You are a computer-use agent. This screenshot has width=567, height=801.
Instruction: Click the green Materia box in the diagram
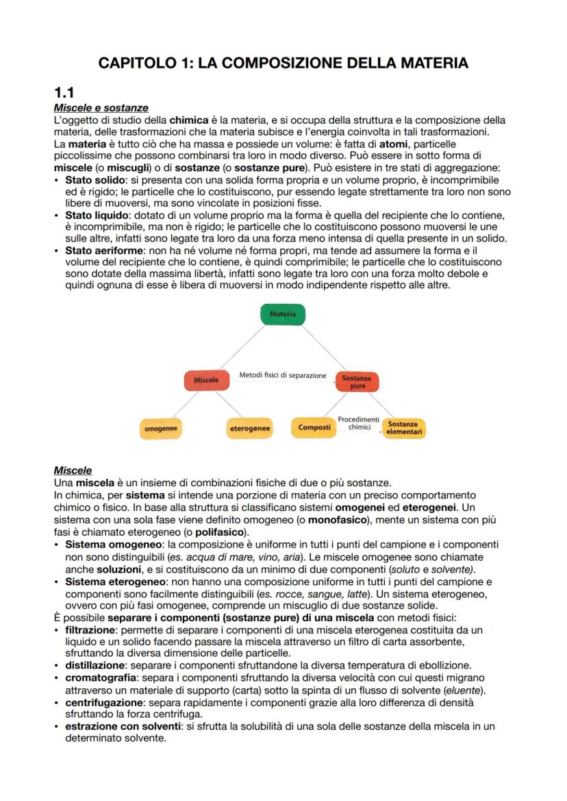(283, 315)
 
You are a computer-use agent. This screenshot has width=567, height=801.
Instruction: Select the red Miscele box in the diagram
(206, 380)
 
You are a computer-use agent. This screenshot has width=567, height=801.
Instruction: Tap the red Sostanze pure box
(357, 382)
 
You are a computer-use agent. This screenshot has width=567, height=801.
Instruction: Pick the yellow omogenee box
(161, 428)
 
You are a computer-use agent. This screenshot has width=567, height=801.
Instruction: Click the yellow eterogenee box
(249, 429)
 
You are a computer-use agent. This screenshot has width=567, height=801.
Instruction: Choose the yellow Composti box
(314, 428)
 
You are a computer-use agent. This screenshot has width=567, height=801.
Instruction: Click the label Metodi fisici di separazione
(282, 376)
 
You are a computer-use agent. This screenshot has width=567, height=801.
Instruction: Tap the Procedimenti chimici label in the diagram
(358, 423)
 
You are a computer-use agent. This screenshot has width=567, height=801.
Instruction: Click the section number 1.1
(64, 93)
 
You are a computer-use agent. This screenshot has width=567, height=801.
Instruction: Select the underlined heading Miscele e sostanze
(101, 108)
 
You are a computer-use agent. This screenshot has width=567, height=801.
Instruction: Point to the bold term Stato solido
(91, 179)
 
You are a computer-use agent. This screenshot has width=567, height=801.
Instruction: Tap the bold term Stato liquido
(93, 215)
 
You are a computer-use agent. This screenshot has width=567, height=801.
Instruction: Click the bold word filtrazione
(92, 629)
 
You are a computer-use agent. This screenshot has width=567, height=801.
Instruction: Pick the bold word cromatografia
(99, 677)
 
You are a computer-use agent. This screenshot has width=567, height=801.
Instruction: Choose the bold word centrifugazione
(103, 702)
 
